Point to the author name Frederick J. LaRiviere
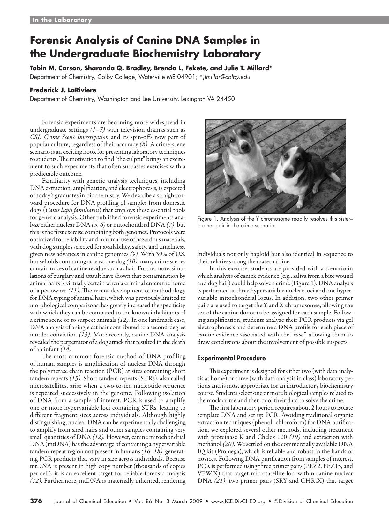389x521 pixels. click(63, 90)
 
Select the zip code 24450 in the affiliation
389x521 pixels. click(225, 99)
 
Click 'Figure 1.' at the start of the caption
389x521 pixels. click(207, 219)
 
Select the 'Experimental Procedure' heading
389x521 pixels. click(231, 358)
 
